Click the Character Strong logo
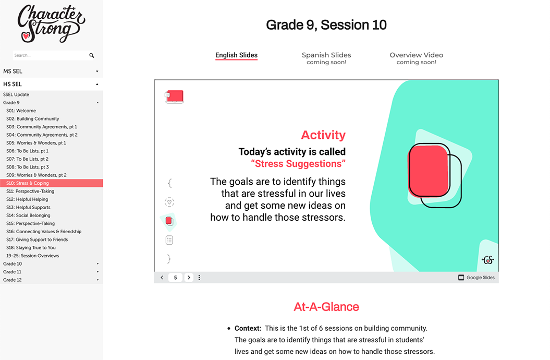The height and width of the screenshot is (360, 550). click(x=51, y=24)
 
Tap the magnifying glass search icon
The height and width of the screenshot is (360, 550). click(x=92, y=55)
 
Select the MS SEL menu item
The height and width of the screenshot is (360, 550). click(x=13, y=71)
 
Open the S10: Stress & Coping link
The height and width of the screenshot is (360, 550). click(x=27, y=183)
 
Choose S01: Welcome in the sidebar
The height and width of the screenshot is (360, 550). click(x=21, y=111)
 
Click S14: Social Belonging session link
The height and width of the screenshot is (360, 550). click(x=28, y=215)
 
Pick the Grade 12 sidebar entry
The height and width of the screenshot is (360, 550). click(x=13, y=280)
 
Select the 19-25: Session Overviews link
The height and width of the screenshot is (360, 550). click(x=32, y=256)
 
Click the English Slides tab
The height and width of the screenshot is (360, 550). click(x=236, y=55)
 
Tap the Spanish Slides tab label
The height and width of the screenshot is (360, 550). click(x=326, y=55)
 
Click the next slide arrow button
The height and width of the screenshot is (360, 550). click(x=189, y=278)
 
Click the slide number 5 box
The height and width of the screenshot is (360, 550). click(x=175, y=278)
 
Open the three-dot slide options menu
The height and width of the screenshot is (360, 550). click(x=199, y=278)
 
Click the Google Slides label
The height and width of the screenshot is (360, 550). click(x=480, y=278)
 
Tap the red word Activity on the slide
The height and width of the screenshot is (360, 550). click(x=323, y=135)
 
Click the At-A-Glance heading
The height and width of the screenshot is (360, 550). click(x=326, y=307)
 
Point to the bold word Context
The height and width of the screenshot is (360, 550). click(x=248, y=328)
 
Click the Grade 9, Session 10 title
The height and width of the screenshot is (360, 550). click(x=326, y=25)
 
